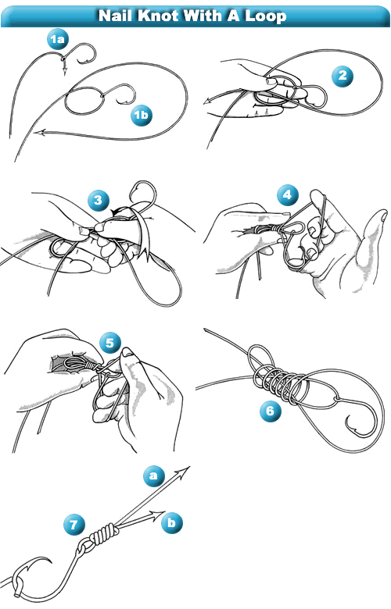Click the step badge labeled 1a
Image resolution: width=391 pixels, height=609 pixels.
[x=57, y=39]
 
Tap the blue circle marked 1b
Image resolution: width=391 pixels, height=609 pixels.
[x=142, y=115]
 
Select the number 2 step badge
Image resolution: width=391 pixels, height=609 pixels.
[x=343, y=76]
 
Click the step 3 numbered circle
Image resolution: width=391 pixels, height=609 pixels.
[x=98, y=200]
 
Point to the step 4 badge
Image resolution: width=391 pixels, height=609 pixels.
[x=288, y=194]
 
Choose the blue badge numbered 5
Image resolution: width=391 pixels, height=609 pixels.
[x=110, y=343]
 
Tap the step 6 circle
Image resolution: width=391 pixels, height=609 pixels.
[x=271, y=410]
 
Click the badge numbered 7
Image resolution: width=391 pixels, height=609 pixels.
[x=74, y=525]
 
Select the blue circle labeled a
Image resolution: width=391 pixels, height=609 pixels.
[x=154, y=475]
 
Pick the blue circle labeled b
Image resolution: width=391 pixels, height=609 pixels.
[x=171, y=522]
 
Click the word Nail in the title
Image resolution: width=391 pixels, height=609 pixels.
[x=114, y=16]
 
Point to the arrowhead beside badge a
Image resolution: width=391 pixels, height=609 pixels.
[x=182, y=471]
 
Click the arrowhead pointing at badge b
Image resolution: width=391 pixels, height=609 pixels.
[x=160, y=515]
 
